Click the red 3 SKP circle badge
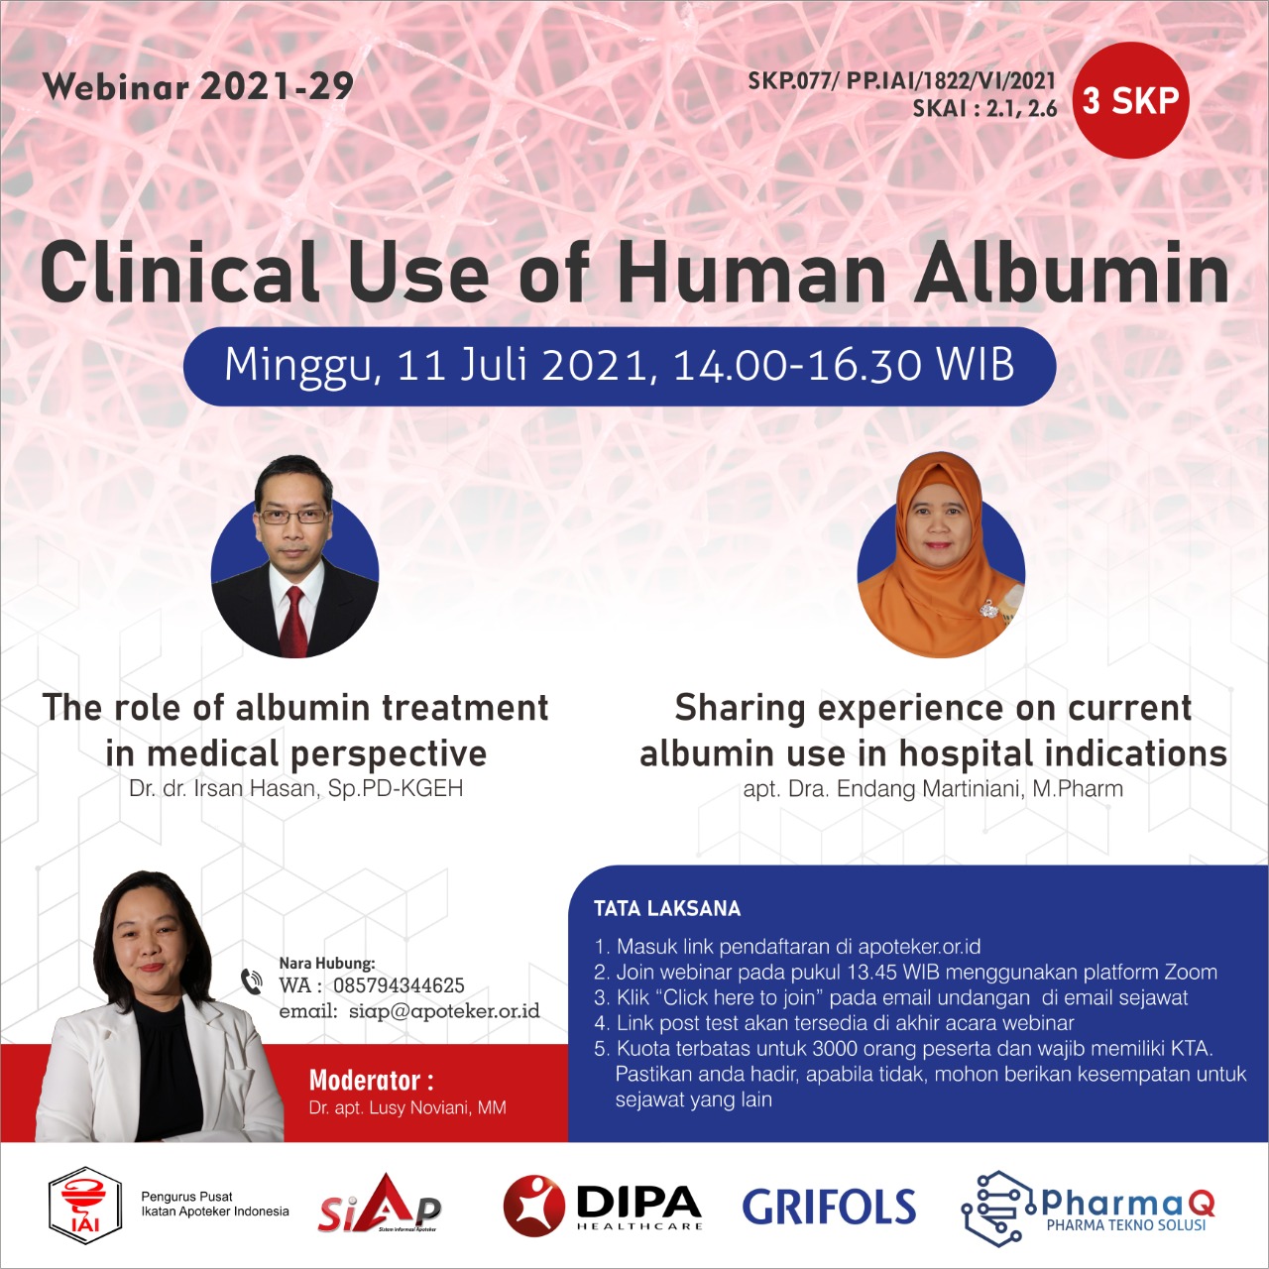pyautogui.click(x=1130, y=100)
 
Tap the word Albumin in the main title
pyautogui.click(x=1071, y=272)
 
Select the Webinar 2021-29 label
pyautogui.click(x=198, y=86)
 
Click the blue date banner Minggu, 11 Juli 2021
pyautogui.click(x=619, y=366)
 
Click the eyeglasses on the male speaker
pyautogui.click(x=293, y=517)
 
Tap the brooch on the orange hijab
pyautogui.click(x=988, y=610)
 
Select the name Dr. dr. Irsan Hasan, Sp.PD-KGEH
pyautogui.click(x=295, y=788)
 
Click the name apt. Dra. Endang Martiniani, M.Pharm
pyautogui.click(x=933, y=788)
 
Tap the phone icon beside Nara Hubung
pyautogui.click(x=252, y=981)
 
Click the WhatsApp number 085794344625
pyautogui.click(x=399, y=985)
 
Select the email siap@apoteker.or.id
pyautogui.click(x=444, y=1011)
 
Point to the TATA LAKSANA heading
pyautogui.click(x=667, y=909)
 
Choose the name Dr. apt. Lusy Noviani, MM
pyautogui.click(x=407, y=1107)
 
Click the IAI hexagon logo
pyautogui.click(x=85, y=1206)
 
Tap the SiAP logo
pyautogui.click(x=380, y=1204)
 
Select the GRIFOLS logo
pyautogui.click(x=829, y=1207)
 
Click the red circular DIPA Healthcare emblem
pyautogui.click(x=534, y=1206)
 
